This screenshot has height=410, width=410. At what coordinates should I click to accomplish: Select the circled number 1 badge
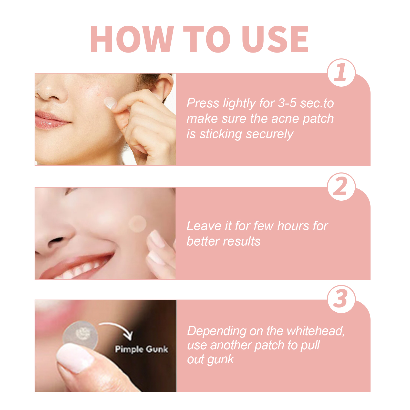341,73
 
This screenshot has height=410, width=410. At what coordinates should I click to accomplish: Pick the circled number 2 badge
341,187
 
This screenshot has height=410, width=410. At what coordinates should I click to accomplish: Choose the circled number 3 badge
341,299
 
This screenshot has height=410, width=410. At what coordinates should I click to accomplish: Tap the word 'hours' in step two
293,226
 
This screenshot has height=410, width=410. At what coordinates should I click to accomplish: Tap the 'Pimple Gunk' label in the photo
141,349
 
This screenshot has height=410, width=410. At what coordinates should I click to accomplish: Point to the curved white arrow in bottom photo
118,329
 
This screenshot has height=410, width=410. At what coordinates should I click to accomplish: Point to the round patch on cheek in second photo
138,224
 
